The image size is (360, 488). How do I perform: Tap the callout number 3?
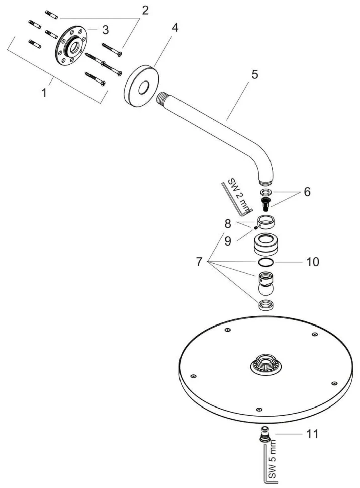[x=105, y=30]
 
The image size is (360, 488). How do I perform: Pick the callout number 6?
[x=307, y=192]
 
